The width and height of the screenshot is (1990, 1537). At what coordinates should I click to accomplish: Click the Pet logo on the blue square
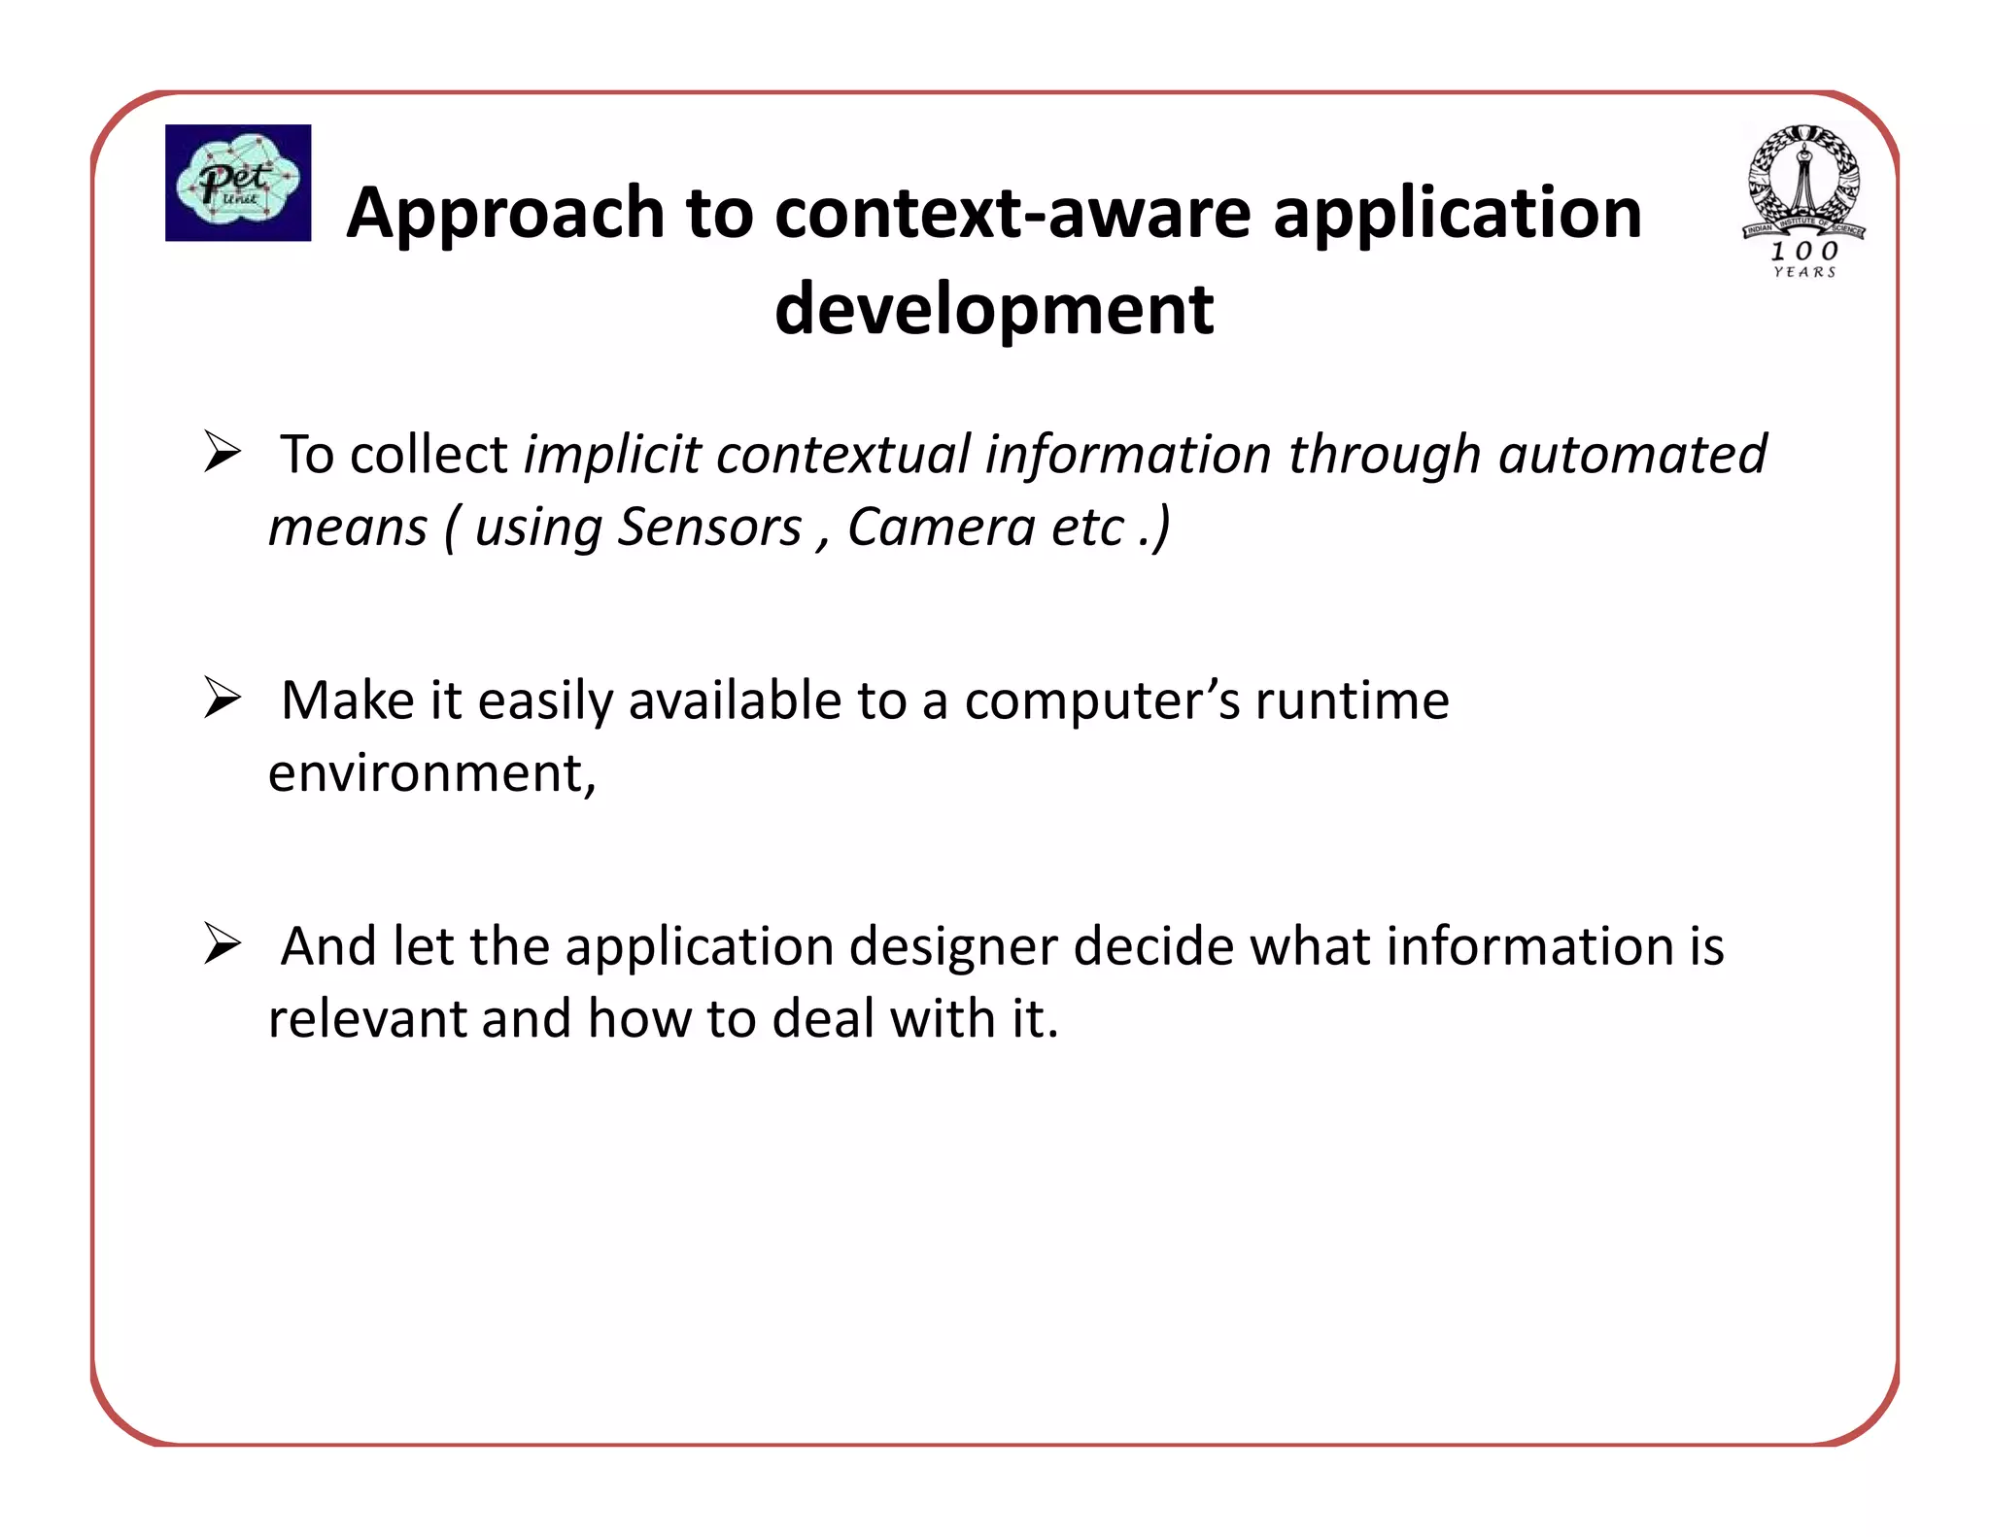(238, 182)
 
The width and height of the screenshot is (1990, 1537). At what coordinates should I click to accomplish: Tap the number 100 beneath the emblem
(1804, 252)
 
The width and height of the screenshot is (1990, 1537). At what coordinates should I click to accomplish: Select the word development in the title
(993, 309)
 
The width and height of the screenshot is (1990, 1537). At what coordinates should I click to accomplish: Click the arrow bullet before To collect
(223, 453)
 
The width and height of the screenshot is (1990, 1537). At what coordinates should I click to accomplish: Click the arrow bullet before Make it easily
(223, 699)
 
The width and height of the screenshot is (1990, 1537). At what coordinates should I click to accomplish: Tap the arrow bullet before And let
(223, 944)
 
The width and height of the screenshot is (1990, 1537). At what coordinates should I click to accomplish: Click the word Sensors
(709, 528)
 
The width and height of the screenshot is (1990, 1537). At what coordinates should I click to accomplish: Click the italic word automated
(1631, 455)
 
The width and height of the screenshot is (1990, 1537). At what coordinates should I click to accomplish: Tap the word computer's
(1101, 700)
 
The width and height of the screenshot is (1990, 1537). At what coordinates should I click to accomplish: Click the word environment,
(431, 773)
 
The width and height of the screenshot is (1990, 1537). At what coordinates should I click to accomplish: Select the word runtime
(1352, 700)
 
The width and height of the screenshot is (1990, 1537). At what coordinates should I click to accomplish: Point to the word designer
(952, 946)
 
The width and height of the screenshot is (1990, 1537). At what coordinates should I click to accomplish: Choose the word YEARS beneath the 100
(1804, 273)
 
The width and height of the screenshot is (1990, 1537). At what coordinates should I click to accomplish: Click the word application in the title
(1457, 213)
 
